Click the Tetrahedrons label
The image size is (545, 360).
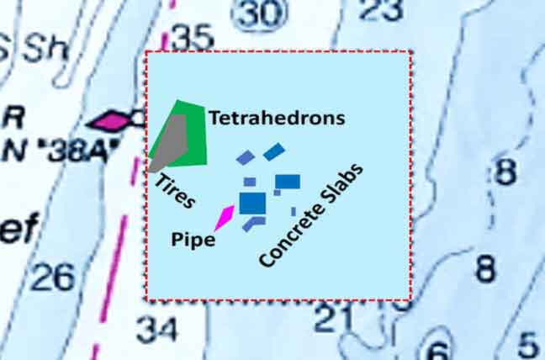pos(277,118)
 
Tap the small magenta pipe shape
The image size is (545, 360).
pos(225,216)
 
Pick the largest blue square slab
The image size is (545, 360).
pos(252,203)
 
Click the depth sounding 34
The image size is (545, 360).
pos(157,329)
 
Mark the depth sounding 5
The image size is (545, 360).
pos(527,344)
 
